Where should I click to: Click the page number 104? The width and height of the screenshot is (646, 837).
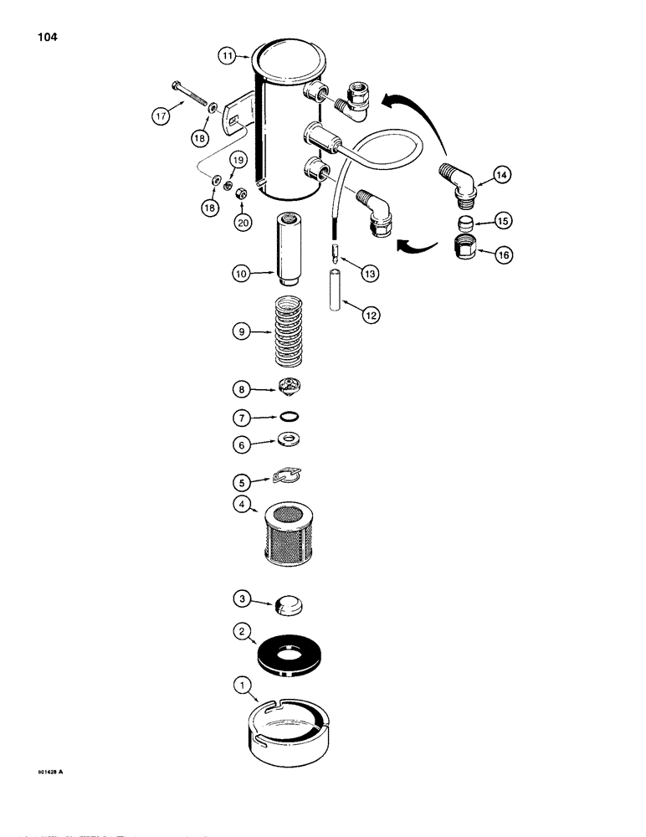coord(45,38)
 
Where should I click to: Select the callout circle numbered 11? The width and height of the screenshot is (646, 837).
coord(228,56)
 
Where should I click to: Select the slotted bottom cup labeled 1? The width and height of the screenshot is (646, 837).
coord(288,725)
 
